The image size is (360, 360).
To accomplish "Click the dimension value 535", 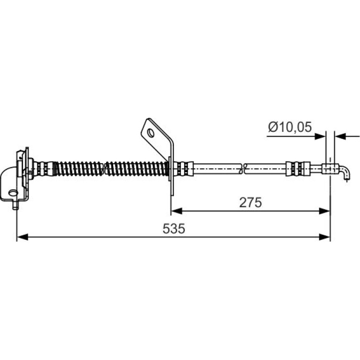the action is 174,229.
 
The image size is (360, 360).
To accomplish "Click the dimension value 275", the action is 250,202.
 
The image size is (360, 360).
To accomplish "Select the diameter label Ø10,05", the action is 290,127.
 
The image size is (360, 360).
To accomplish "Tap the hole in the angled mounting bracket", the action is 151,133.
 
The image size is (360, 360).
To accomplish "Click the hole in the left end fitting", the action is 13,193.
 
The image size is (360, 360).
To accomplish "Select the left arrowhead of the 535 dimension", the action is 22,237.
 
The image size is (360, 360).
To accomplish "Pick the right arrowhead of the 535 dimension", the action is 324,237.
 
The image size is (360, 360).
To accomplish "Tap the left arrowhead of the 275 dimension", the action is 177,211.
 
